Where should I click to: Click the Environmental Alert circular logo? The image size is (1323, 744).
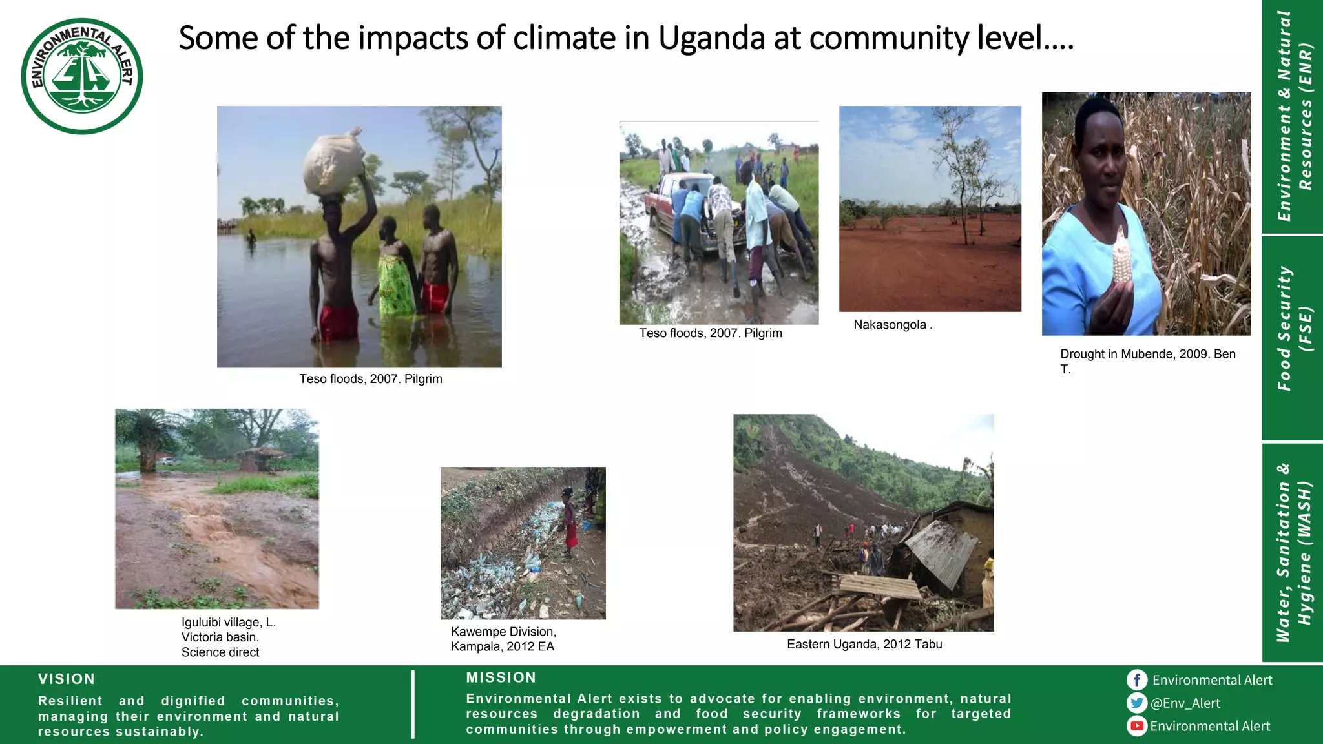pyautogui.click(x=82, y=76)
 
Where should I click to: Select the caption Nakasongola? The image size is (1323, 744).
pyautogui.click(x=892, y=325)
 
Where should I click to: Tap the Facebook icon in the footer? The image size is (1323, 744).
pyautogui.click(x=1137, y=680)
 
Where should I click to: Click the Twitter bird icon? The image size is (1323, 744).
pyautogui.click(x=1137, y=703)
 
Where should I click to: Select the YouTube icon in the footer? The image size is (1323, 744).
pyautogui.click(x=1137, y=726)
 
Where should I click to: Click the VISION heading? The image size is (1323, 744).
pyautogui.click(x=67, y=679)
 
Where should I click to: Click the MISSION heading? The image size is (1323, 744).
pyautogui.click(x=501, y=677)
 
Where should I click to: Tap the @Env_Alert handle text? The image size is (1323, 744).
pyautogui.click(x=1186, y=703)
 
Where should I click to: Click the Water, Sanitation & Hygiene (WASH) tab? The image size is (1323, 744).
pyautogui.click(x=1293, y=552)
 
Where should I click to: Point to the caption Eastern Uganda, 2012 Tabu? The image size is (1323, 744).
pyautogui.click(x=864, y=645)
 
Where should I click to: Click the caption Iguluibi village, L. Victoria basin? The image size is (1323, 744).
pyautogui.click(x=227, y=637)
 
